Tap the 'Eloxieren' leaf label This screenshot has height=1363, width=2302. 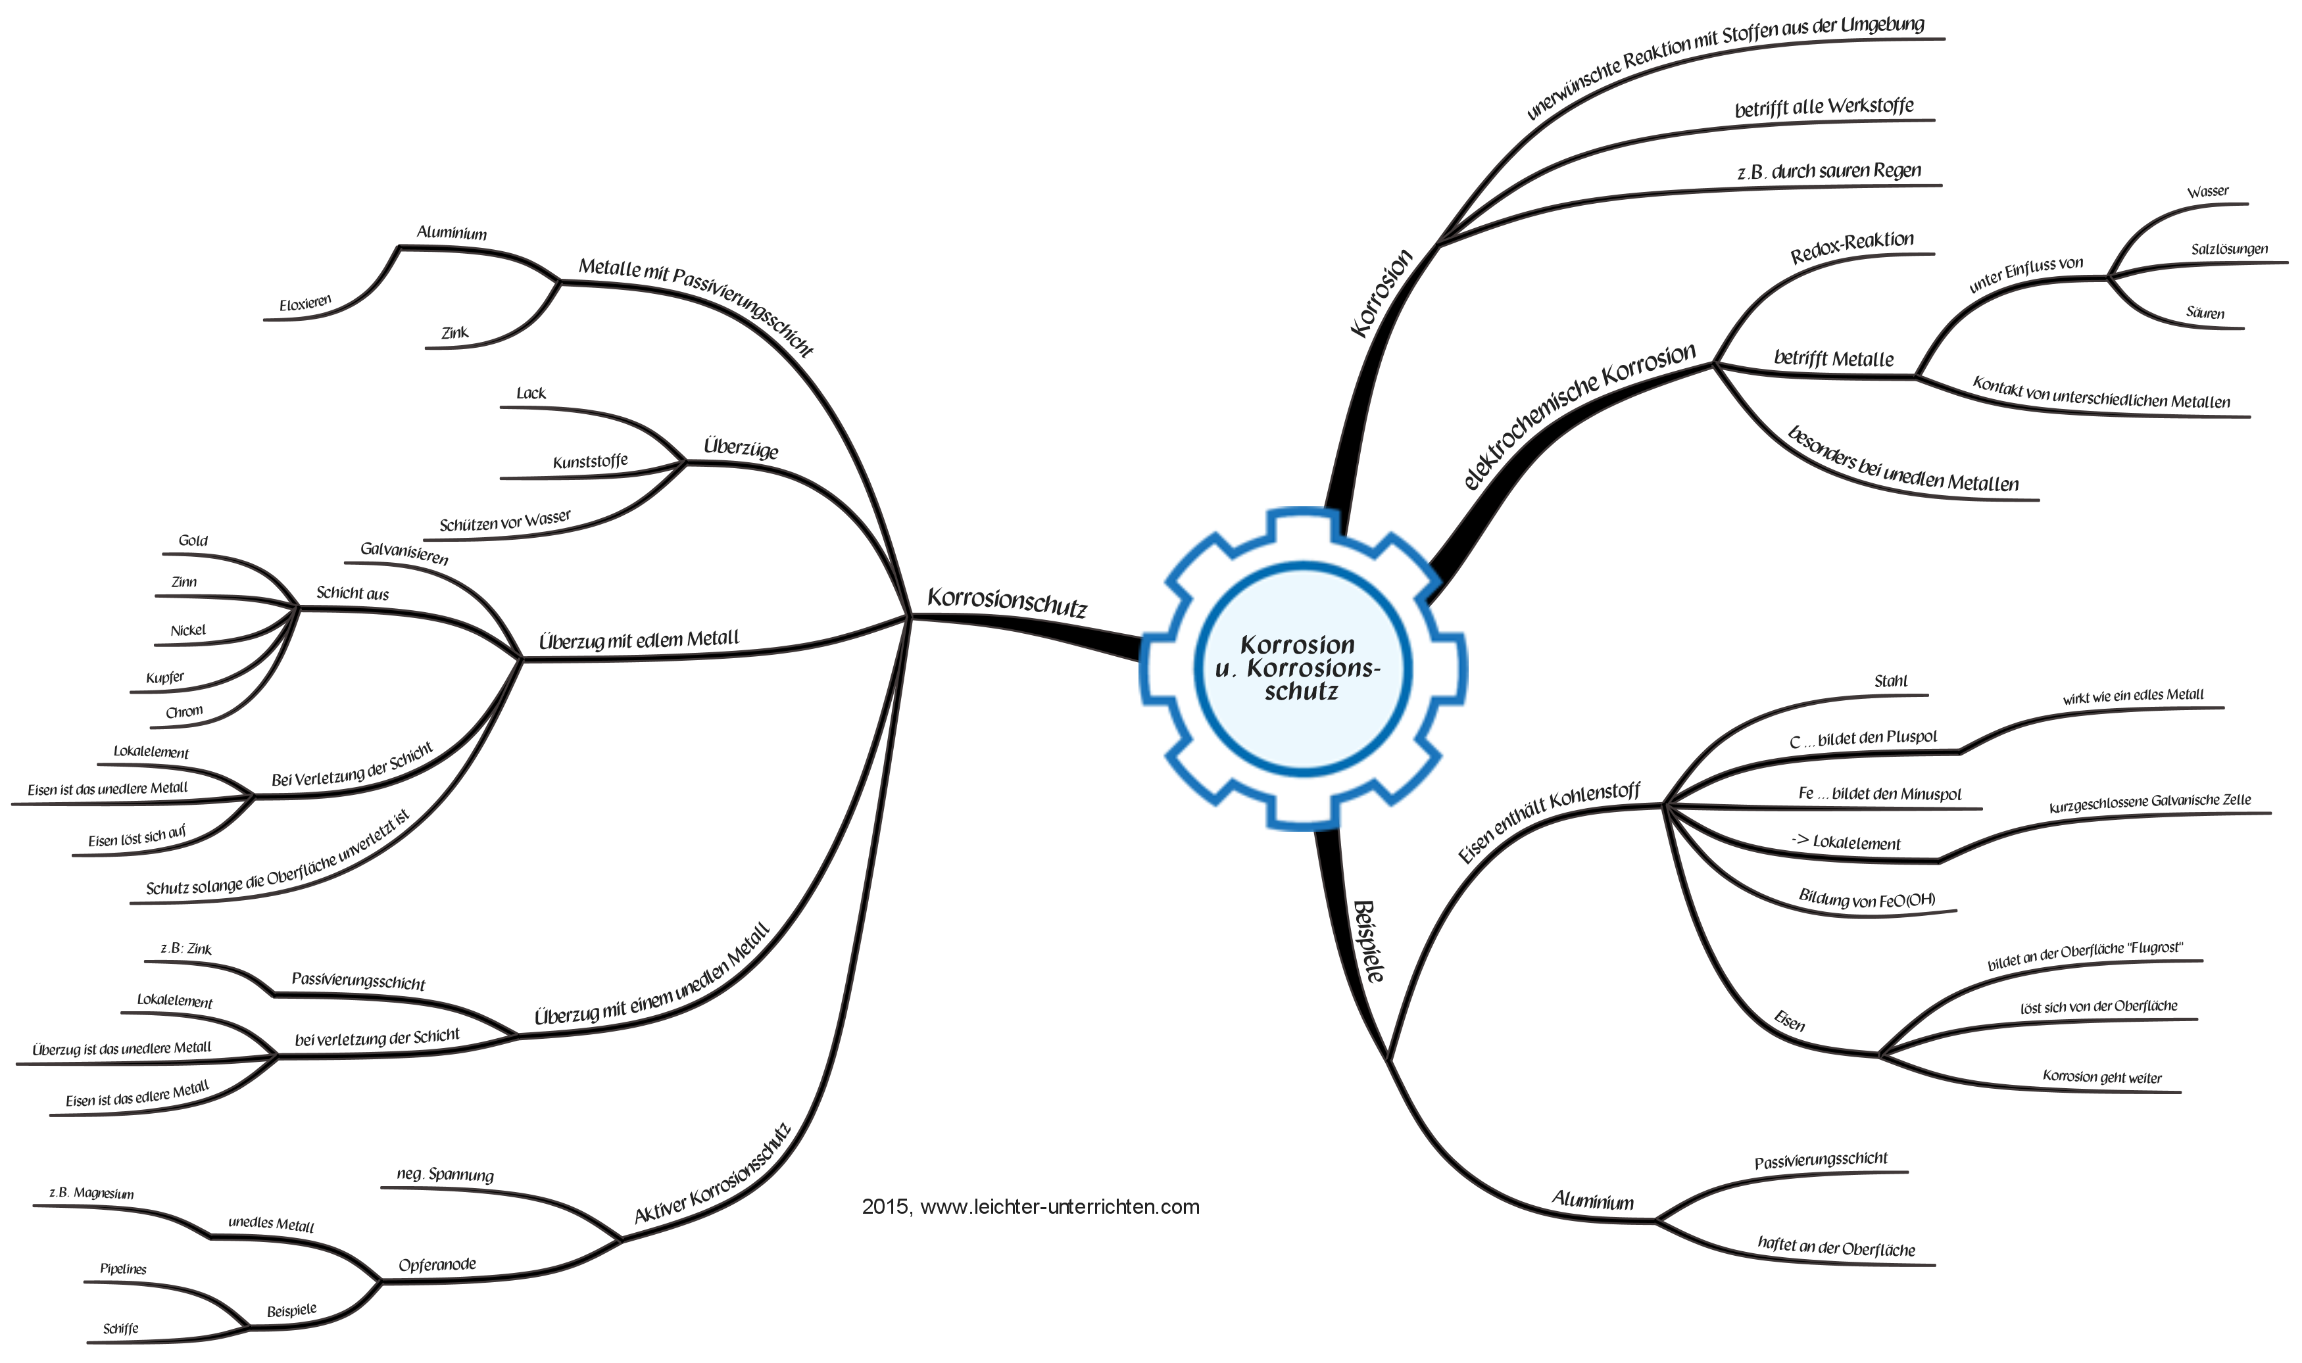305,302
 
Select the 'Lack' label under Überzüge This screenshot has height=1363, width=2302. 531,393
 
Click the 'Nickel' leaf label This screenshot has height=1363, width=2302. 188,630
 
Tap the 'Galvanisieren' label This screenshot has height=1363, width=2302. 404,553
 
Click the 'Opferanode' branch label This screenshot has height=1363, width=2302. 437,1265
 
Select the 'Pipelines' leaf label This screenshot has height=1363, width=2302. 123,1270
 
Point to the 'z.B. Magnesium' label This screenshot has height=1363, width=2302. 92,1193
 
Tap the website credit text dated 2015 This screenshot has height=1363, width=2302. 1031,1207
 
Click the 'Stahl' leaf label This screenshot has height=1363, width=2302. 1890,681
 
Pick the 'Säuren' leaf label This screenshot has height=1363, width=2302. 2205,313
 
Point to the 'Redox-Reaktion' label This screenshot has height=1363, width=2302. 1852,247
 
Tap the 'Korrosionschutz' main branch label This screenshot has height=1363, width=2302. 1008,602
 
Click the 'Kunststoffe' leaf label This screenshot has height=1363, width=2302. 591,461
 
